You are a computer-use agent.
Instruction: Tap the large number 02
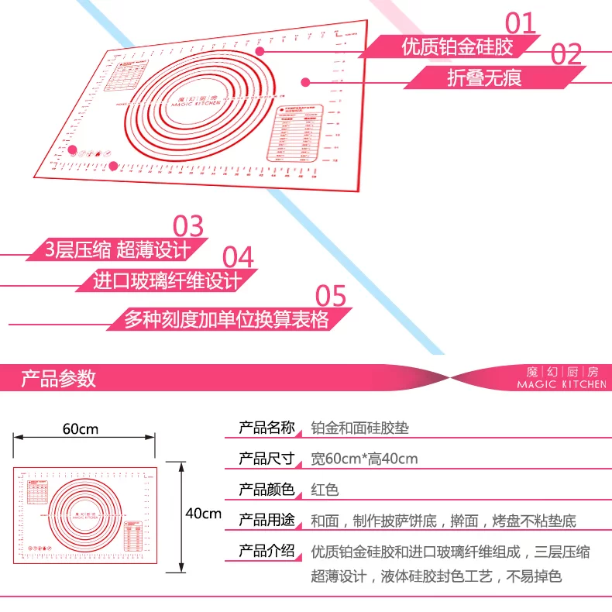tap(566, 53)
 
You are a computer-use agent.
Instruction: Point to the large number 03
tap(187, 225)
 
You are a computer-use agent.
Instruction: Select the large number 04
tap(238, 256)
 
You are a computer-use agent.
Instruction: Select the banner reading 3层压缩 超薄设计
tap(118, 249)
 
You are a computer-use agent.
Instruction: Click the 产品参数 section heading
tap(59, 378)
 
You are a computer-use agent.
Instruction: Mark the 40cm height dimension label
tap(204, 513)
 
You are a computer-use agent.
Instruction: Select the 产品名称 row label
tap(266, 427)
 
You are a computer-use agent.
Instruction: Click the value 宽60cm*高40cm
tap(364, 459)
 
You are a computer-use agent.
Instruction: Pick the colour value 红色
tap(325, 490)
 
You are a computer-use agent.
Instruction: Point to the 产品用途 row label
tap(266, 521)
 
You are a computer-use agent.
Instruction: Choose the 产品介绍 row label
tap(266, 552)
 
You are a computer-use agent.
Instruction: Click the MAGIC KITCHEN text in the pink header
tap(562, 384)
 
